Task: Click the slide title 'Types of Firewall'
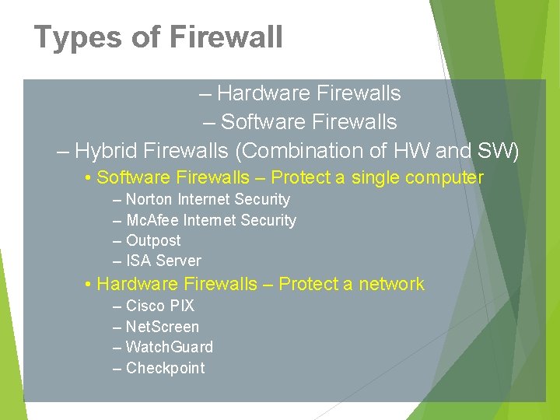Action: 158,37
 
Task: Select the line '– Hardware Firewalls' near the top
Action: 300,93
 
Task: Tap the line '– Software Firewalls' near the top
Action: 300,122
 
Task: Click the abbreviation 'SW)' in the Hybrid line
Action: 504,150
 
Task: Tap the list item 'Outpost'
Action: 153,241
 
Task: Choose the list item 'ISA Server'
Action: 163,261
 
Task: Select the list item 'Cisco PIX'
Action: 159,306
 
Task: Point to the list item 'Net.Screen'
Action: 162,327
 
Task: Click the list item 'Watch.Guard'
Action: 169,348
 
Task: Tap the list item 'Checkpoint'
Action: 165,369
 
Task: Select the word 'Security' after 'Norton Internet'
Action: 262,200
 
